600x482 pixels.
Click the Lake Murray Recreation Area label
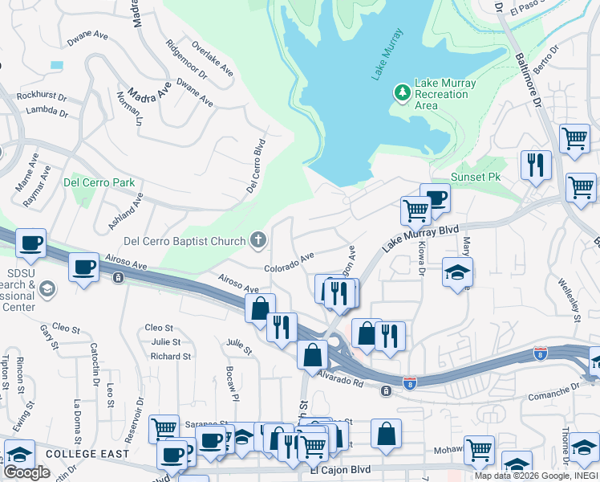(444, 94)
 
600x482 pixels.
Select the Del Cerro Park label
(99, 182)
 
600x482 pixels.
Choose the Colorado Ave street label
(290, 263)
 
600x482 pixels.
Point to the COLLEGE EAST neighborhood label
(87, 454)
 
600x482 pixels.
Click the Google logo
(26, 472)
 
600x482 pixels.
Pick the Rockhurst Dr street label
(41, 96)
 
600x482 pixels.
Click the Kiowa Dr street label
(420, 262)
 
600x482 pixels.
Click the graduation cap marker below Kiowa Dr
(457, 271)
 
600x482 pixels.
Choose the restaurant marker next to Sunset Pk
(535, 165)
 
